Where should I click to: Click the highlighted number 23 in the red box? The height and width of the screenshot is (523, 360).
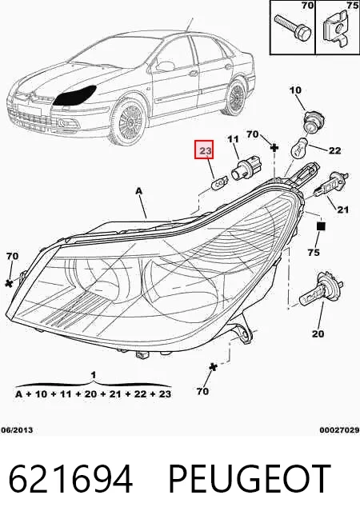pos(206,151)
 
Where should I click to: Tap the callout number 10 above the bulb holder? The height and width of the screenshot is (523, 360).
pos(295,90)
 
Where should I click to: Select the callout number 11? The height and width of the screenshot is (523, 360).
pos(234,139)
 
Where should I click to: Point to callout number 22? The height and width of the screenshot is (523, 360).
pos(334,151)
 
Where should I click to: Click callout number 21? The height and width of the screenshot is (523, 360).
pos(342,210)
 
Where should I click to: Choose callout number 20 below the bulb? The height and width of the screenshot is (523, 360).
pos(318,333)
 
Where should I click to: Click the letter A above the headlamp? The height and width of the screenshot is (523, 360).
pos(138,191)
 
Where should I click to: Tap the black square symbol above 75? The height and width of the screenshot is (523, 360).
pos(321,226)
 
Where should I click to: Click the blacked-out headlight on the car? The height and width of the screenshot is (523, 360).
pos(75,95)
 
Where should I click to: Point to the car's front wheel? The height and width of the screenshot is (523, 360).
pos(129,120)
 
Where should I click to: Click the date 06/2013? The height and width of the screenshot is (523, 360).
pos(17,430)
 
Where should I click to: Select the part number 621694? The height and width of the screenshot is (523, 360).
pos(70,479)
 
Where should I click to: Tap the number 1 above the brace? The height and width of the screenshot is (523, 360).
pos(94,375)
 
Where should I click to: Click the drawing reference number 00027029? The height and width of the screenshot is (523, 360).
pos(340,430)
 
